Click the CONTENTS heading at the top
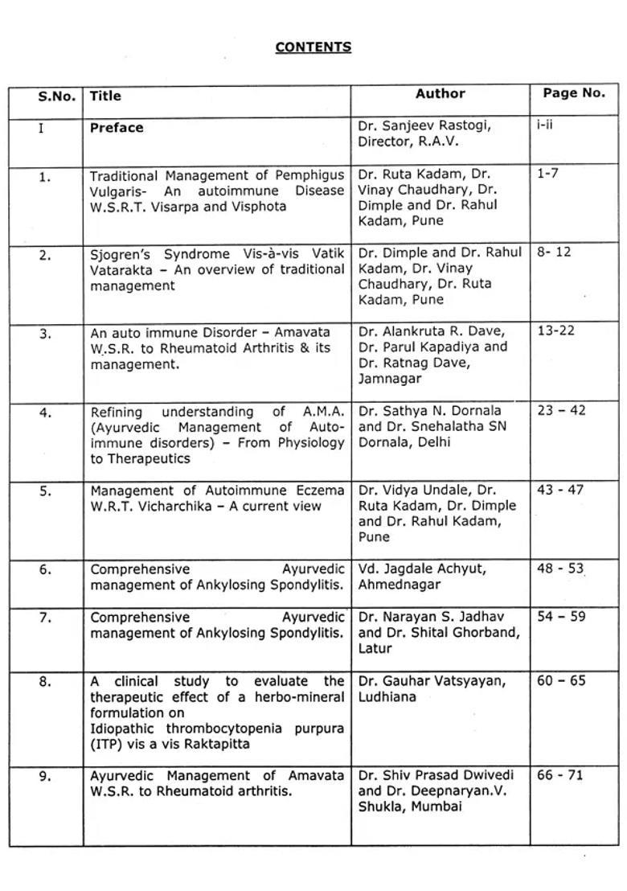pyautogui.click(x=313, y=47)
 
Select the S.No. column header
pyautogui.click(x=57, y=96)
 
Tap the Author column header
pyautogui.click(x=440, y=94)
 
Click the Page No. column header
pyautogui.click(x=573, y=92)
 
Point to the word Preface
pyautogui.click(x=117, y=127)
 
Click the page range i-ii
pyautogui.click(x=545, y=125)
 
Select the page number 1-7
pyautogui.click(x=547, y=173)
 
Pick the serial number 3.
pyautogui.click(x=45, y=333)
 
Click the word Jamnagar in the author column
pyautogui.click(x=387, y=378)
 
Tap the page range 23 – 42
pyautogui.click(x=561, y=410)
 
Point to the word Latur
pyautogui.click(x=375, y=648)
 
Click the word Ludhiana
pyautogui.click(x=387, y=696)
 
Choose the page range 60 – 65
pyautogui.click(x=561, y=680)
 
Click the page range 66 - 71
pyautogui.click(x=560, y=775)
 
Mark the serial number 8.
pyautogui.click(x=45, y=682)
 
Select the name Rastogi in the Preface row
pyautogui.click(x=464, y=125)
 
